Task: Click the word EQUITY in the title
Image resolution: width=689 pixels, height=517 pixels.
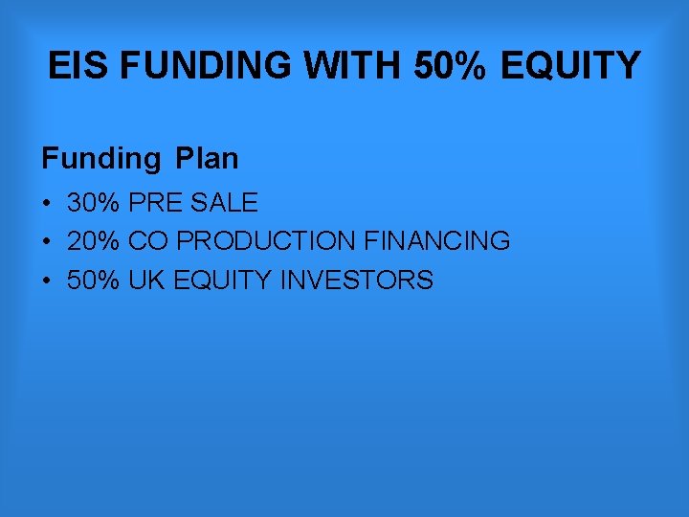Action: pos(571,66)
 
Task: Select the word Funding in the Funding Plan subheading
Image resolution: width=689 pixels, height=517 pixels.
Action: pos(100,158)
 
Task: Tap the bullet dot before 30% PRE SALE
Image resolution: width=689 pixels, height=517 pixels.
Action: pos(46,203)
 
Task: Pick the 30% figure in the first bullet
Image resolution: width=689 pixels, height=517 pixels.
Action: pos(93,203)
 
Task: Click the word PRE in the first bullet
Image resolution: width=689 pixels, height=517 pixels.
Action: pos(156,203)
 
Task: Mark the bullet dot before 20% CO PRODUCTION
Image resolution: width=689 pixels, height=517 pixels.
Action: pos(46,241)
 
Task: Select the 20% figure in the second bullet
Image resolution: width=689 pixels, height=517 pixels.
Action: pos(93,241)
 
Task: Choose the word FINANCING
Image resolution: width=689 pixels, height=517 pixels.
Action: pos(437,241)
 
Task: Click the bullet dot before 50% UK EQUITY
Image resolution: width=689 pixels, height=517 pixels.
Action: pos(46,281)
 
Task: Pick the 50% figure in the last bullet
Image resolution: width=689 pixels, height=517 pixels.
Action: pos(93,281)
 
